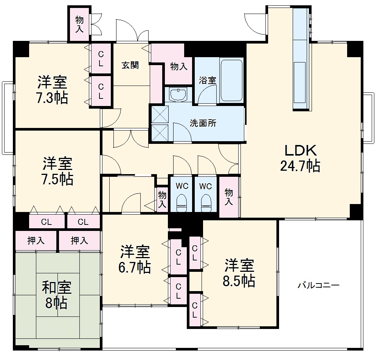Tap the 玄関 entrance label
[130, 65]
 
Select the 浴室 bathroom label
[208, 80]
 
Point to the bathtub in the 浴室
[231, 80]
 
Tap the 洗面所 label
[203, 123]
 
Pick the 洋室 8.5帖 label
[240, 273]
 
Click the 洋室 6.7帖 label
[135, 259]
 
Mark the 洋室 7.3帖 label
[52, 90]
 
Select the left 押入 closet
[36, 240]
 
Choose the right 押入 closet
[79, 240]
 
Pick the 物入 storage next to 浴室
[178, 67]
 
